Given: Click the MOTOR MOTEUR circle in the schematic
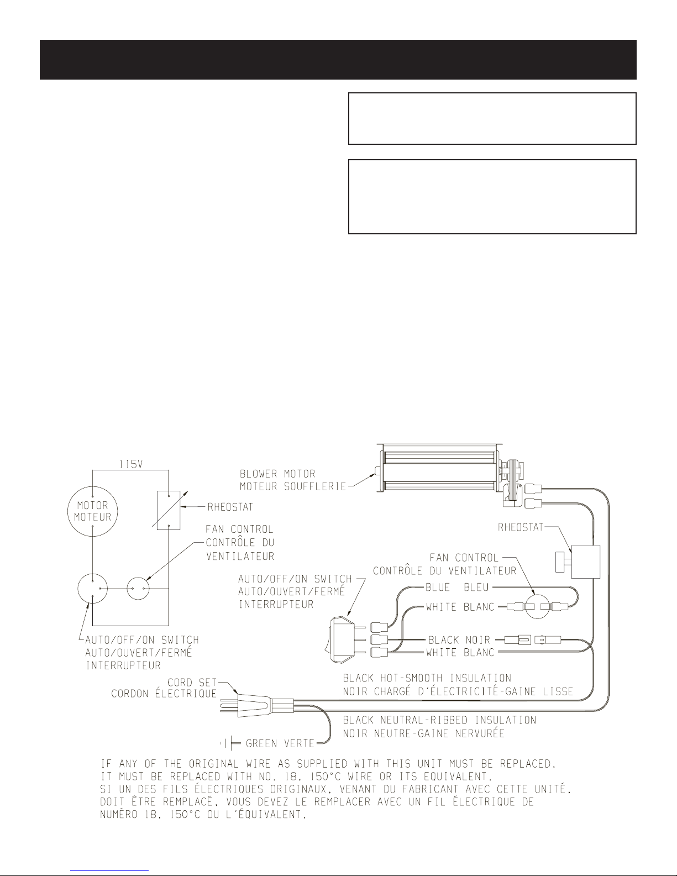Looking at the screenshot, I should click(x=93, y=512).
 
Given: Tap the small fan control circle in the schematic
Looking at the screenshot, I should click(x=138, y=589).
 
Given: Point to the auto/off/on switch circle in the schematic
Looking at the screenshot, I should click(x=93, y=589).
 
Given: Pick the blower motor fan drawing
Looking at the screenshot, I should click(x=437, y=471).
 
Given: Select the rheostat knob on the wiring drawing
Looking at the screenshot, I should click(x=561, y=563).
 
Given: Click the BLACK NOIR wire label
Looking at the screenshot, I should click(x=459, y=640).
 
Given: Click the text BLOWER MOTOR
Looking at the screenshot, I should click(x=277, y=474).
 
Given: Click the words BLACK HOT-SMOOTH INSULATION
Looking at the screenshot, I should click(x=427, y=678).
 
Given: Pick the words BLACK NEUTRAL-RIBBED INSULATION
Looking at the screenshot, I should click(x=439, y=720).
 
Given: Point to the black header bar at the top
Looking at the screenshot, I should click(x=338, y=59).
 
